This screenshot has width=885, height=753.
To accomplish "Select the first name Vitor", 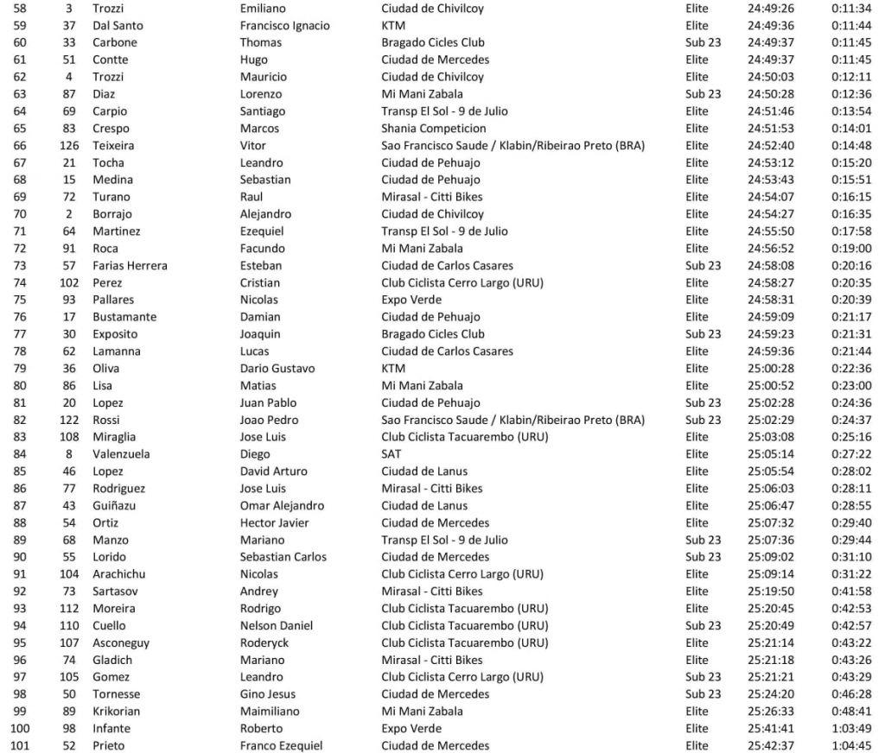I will coord(252,145).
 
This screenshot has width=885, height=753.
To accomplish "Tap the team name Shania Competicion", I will coord(433,128).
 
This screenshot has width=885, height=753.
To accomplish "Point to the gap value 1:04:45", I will coord(850,745).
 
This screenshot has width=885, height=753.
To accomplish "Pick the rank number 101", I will coord(19,745).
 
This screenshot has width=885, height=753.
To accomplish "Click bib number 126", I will coord(69,145).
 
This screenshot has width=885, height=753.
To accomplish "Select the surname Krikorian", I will coord(117,711).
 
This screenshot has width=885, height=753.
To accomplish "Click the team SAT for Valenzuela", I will coord(392,453).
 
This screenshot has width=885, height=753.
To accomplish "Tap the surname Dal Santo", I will coord(118,25).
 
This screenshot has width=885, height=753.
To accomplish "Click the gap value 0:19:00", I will coord(850,248).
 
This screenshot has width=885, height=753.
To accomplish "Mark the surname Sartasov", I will coord(117,591).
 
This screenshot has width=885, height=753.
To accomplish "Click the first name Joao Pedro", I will coord(268,420).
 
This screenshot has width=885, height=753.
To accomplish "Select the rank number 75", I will coord(19,300).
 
